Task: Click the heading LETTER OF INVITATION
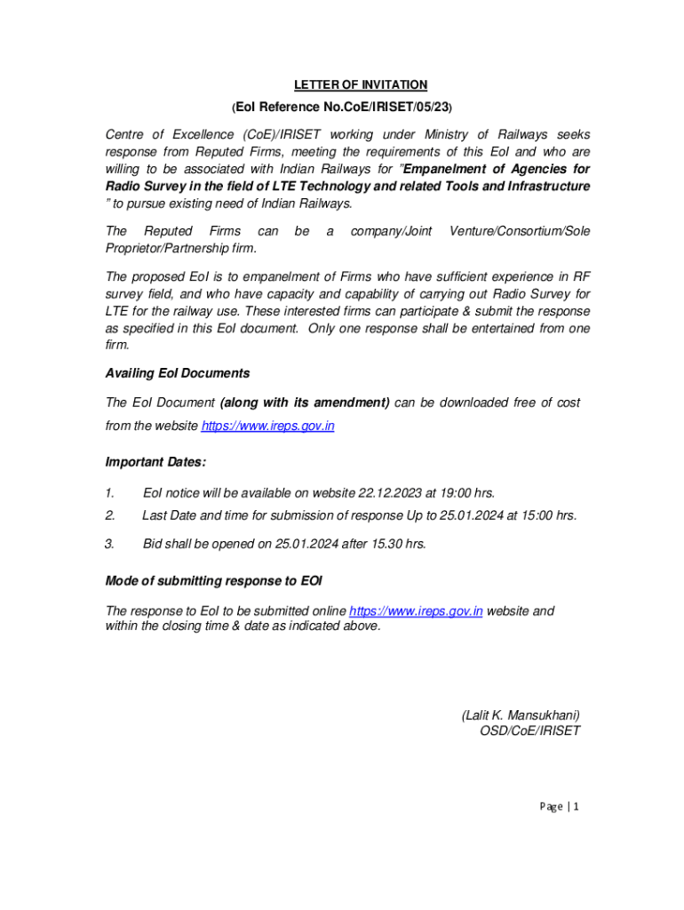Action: (361, 85)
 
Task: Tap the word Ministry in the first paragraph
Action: (449, 135)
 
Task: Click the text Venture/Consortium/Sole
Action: (520, 231)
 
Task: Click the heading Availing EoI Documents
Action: (177, 373)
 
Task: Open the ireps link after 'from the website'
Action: (268, 427)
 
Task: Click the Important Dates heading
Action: (155, 462)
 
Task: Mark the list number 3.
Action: (109, 544)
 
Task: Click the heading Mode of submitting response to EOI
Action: (213, 581)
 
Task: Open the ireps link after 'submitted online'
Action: (416, 611)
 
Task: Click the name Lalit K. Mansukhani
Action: (521, 715)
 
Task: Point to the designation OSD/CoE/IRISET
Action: (529, 731)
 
